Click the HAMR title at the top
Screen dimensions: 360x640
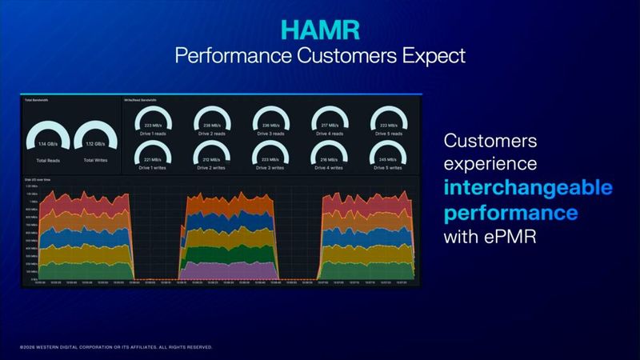click(319, 30)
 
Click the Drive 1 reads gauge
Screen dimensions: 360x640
click(152, 121)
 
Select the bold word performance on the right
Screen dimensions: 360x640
click(511, 214)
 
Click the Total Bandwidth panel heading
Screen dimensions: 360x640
click(37, 100)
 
